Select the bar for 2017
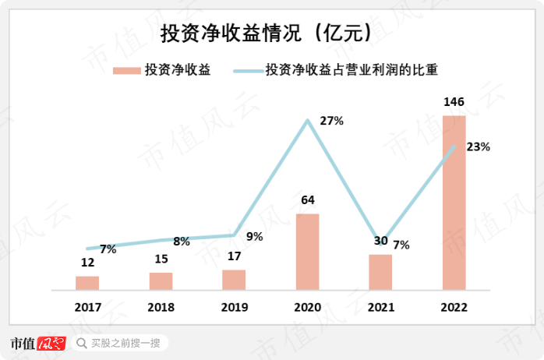point(87,282)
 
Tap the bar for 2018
point(161,281)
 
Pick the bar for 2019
point(234,279)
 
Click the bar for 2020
point(307,251)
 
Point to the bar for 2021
point(380,271)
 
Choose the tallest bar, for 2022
point(454,203)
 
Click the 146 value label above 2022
point(454,103)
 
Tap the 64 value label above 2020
point(307,201)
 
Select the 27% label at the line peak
point(332,121)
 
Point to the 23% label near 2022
point(477,146)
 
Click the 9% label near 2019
point(255,237)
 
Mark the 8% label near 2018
point(182,242)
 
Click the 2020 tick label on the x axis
point(307,307)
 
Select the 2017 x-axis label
point(87,307)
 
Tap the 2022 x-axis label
point(454,307)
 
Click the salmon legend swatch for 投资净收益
point(125,70)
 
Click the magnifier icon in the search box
point(82,343)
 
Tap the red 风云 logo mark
point(51,343)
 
